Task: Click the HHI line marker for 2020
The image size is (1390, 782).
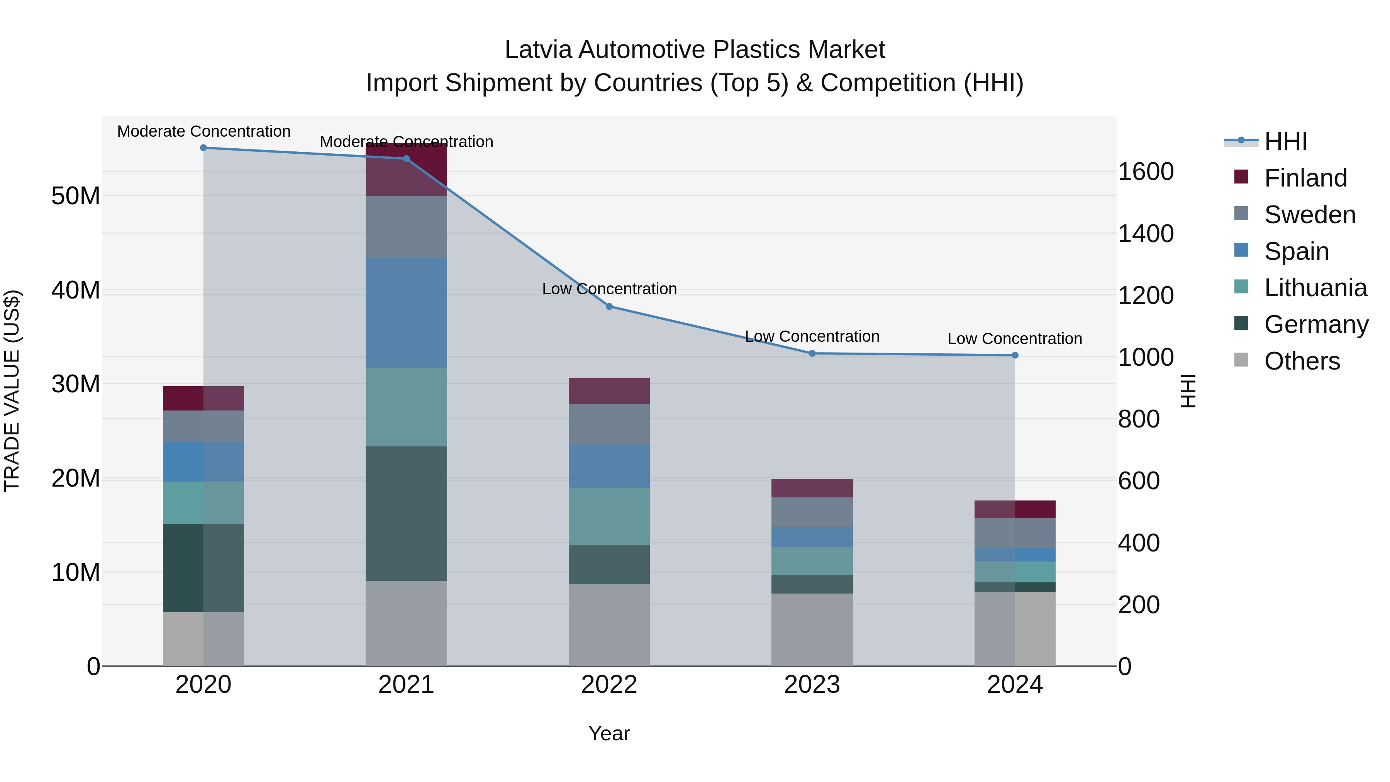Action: coord(203,148)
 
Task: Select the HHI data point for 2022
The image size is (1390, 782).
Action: coord(609,307)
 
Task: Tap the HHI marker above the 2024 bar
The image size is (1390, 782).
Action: coord(1015,356)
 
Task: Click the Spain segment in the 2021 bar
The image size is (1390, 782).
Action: coord(406,313)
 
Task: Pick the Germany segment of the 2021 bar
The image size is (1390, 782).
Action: coord(406,513)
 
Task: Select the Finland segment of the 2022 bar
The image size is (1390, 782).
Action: coord(609,391)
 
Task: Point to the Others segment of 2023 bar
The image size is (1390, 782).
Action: coord(812,630)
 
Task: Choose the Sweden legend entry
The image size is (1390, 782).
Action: coord(1310,215)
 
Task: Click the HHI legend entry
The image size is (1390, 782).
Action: coord(1285,141)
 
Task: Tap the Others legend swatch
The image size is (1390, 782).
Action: coord(1241,360)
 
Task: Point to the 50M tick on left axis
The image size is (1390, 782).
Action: coord(76,196)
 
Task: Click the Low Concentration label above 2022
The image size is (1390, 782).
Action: coord(609,289)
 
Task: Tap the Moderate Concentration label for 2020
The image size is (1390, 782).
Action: coord(203,132)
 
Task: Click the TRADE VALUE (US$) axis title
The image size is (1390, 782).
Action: coord(12,391)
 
